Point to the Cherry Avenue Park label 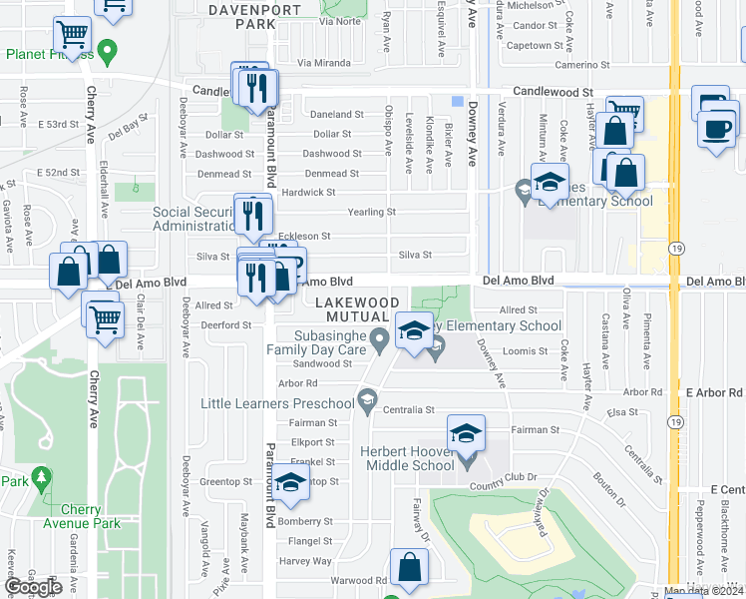point(81,514)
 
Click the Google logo point(33,587)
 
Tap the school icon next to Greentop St point(290,482)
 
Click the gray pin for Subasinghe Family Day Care point(379,341)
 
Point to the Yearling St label point(371,212)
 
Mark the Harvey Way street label point(306,560)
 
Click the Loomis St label point(528,350)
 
